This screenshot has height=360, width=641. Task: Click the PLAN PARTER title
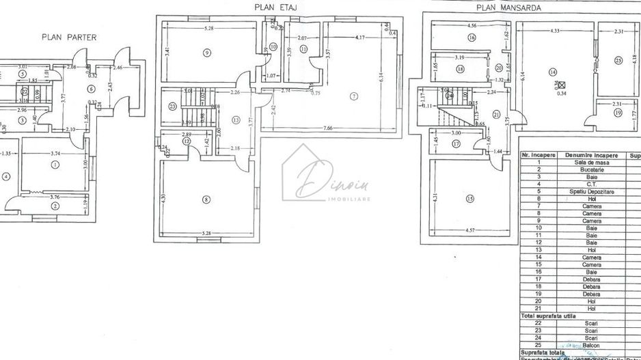pyautogui.click(x=69, y=38)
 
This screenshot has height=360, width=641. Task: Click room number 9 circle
pyautogui.click(x=206, y=53)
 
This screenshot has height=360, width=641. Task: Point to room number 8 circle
pyautogui.click(x=206, y=200)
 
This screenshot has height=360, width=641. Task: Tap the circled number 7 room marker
pyautogui.click(x=353, y=96)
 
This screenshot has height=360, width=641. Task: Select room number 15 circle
pyautogui.click(x=469, y=199)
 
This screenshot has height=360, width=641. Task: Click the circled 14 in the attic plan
pyautogui.click(x=553, y=72)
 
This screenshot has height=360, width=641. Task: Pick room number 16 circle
pyautogui.click(x=472, y=38)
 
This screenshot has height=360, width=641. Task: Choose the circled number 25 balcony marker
pyautogui.click(x=618, y=60)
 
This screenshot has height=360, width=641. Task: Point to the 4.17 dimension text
pyautogui.click(x=358, y=38)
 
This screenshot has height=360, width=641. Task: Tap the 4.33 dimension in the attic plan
pyautogui.click(x=554, y=31)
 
